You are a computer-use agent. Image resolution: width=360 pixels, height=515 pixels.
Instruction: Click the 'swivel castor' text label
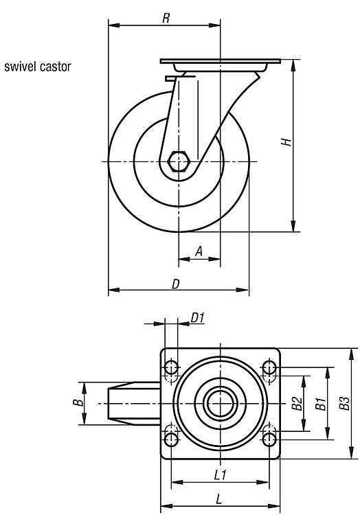(38, 67)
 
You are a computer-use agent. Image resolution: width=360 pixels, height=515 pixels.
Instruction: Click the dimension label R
(166, 19)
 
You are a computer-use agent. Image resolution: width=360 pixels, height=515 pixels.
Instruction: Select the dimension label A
(199, 251)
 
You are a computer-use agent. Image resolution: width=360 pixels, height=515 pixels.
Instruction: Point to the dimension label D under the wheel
(176, 284)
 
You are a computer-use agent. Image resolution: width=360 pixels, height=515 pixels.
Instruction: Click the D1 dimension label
(197, 318)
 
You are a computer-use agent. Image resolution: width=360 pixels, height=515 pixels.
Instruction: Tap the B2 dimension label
(297, 403)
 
